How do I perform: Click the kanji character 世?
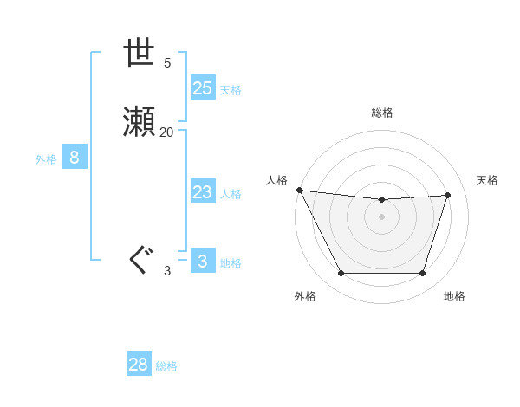pyautogui.click(x=140, y=54)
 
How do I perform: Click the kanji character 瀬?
pyautogui.click(x=140, y=123)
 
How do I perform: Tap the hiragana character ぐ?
pyautogui.click(x=140, y=261)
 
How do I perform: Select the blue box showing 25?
pyautogui.click(x=202, y=88)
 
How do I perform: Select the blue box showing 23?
pyautogui.click(x=202, y=193)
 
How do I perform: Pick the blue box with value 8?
pyautogui.click(x=75, y=158)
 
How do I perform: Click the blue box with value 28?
pyautogui.click(x=139, y=365)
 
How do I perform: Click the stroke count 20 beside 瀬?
pyautogui.click(x=166, y=132)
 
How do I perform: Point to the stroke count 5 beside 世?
pyautogui.click(x=166, y=62)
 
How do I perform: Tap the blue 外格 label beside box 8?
pyautogui.click(x=46, y=159)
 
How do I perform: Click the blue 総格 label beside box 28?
pyautogui.click(x=167, y=366)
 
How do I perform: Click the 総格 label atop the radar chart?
pyautogui.click(x=382, y=113)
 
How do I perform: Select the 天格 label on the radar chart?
pyautogui.click(x=488, y=180)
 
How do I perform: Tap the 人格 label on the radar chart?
pyautogui.click(x=276, y=180)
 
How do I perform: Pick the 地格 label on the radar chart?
pyautogui.click(x=454, y=296)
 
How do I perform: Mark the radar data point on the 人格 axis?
pyautogui.click(x=299, y=190)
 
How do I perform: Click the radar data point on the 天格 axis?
pyautogui.click(x=448, y=195)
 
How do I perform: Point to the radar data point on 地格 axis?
pyautogui.click(x=423, y=274)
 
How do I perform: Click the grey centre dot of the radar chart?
pyautogui.click(x=382, y=216)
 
